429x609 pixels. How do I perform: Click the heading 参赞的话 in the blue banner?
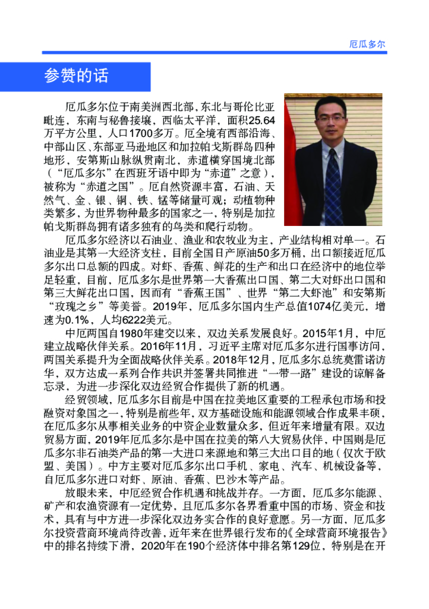76,76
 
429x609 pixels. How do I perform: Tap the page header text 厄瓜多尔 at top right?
367,45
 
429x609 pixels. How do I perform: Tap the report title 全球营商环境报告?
339,531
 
